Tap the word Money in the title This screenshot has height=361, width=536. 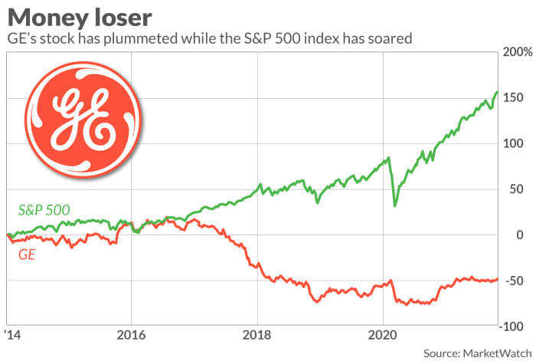point(45,15)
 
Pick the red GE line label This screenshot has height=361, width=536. point(27,251)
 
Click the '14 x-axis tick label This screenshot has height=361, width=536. point(10,335)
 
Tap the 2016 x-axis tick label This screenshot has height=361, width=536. point(130,335)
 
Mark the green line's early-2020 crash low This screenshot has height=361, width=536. point(394,205)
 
